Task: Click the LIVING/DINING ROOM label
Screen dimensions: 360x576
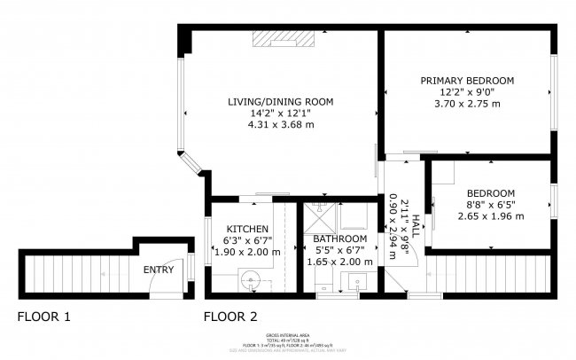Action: coord(280,102)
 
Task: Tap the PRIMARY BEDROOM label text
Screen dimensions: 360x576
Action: coord(466,81)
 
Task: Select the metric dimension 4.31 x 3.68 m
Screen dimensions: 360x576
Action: coord(280,125)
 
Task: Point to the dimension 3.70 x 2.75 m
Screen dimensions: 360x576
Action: coord(466,104)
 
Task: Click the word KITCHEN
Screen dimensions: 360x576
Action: coord(247,229)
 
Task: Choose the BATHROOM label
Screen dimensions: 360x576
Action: coord(340,239)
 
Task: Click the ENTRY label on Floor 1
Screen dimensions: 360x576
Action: coord(159,270)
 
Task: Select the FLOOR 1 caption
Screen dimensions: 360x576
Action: coord(44,317)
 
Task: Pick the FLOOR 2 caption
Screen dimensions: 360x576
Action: coord(230,317)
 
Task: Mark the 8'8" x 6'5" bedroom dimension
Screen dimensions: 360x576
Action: coord(491,205)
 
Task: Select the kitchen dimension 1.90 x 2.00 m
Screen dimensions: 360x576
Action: coord(247,252)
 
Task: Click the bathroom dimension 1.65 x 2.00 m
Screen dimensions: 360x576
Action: coord(340,262)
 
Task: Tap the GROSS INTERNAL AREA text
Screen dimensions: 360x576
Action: coord(288,335)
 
